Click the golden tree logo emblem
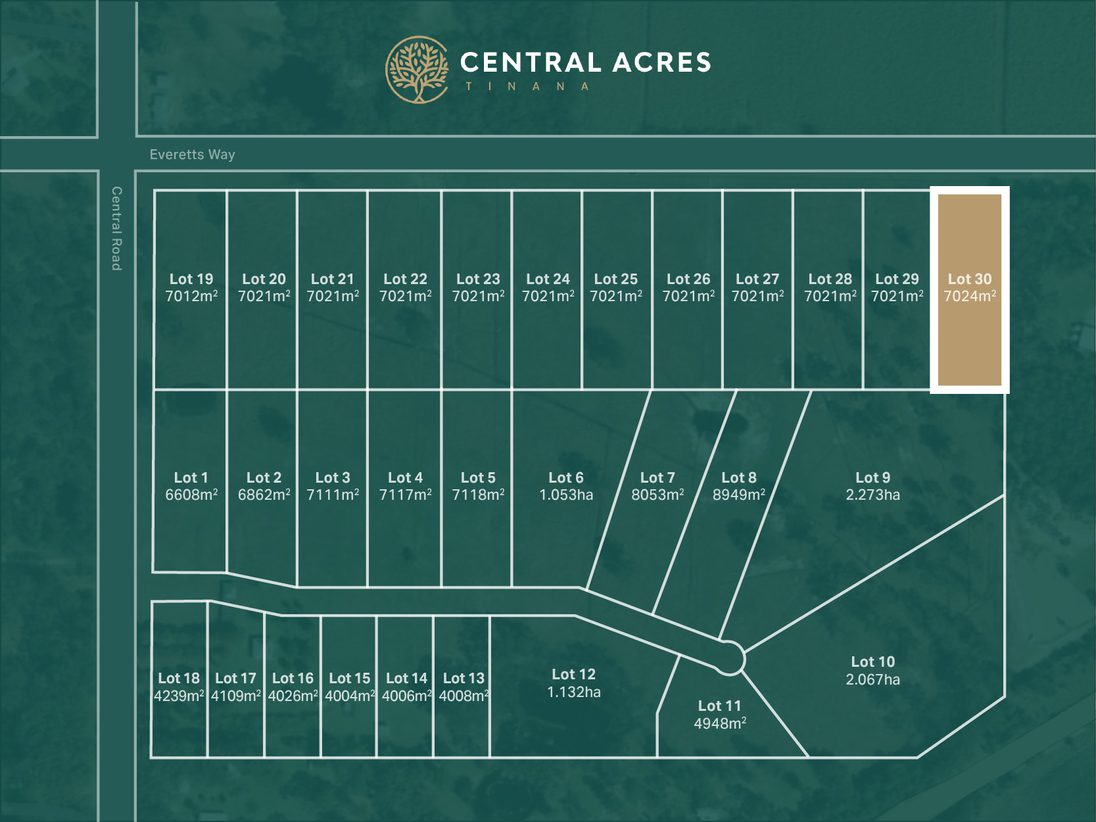[x=417, y=69]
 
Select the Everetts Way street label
[x=192, y=155]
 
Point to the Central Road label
[x=116, y=228]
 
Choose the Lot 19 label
[x=191, y=279]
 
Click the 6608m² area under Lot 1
[x=191, y=495]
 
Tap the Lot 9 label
[x=872, y=477]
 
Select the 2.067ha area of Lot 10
[x=872, y=679]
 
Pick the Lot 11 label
[x=719, y=706]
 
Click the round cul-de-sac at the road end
[x=728, y=658]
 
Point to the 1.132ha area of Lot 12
[x=574, y=692]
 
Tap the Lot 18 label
[x=179, y=678]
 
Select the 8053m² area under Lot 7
[x=657, y=495]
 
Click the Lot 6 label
[x=566, y=477]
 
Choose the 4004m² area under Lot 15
[x=350, y=696]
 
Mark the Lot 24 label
[x=548, y=279]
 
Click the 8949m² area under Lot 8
[x=739, y=495]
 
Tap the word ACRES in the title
[x=662, y=62]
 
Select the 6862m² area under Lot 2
[x=264, y=495]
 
